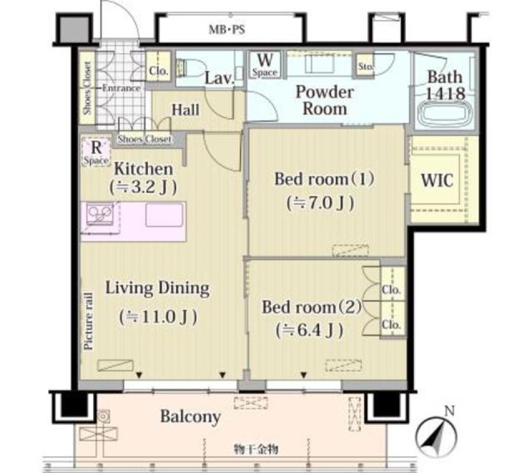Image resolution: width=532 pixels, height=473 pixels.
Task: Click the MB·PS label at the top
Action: tap(227, 29)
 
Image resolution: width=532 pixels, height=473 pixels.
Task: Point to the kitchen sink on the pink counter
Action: tap(164, 215)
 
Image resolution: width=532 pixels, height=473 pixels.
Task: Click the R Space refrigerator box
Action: tap(96, 152)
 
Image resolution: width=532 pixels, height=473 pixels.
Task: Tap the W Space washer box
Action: tap(265, 64)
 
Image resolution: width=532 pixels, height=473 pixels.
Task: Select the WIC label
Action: tap(437, 180)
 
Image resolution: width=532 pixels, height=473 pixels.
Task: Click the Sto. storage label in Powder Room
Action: tap(366, 66)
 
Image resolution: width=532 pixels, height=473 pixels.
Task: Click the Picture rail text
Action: tap(89, 321)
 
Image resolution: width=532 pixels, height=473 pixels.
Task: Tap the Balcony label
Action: tap(190, 417)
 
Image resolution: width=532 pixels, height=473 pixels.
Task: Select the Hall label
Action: tap(185, 110)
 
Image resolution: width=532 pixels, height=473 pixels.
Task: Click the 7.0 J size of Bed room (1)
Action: tap(320, 203)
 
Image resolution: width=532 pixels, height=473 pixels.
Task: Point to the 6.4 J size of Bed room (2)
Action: tap(309, 331)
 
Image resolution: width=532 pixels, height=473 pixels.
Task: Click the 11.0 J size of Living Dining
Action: tap(158, 317)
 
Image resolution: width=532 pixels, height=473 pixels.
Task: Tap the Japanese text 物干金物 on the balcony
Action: tap(256, 450)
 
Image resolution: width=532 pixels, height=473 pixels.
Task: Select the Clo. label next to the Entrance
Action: tap(158, 70)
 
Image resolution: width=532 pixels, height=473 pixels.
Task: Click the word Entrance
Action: tap(121, 88)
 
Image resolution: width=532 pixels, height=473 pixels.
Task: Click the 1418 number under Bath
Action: tap(445, 94)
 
